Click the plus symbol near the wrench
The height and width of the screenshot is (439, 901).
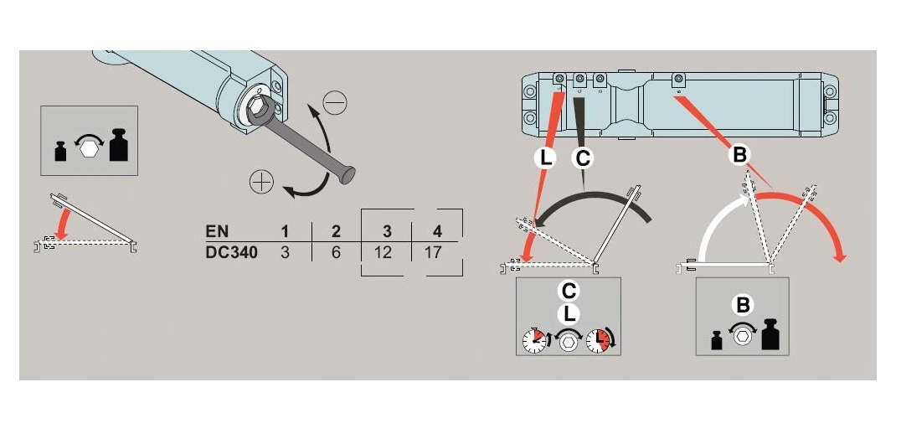pos(261,180)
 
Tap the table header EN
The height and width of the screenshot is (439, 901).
pos(216,230)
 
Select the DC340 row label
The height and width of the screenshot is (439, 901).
pos(231,251)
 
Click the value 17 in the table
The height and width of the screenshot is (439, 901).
pos(433,251)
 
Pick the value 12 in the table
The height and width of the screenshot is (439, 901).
pos(384,251)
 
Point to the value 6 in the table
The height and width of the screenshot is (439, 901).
pos(335,251)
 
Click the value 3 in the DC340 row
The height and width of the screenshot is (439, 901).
pos(285,251)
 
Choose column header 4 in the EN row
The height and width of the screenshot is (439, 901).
pos(436,230)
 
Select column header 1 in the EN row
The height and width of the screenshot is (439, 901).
pos(285,230)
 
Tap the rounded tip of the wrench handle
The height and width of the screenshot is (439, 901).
pos(348,176)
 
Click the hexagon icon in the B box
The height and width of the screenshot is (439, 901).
pos(741,337)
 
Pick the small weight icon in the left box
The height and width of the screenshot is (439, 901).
pos(61,151)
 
